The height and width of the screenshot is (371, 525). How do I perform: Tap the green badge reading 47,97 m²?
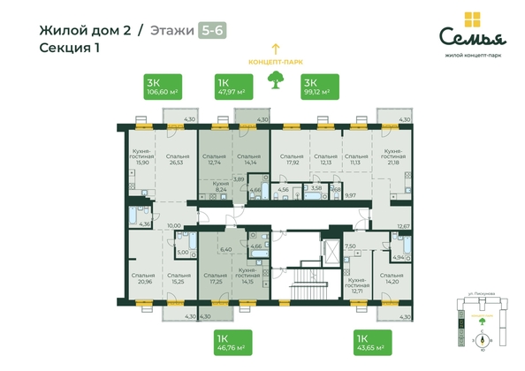pyautogui.click(x=233, y=86)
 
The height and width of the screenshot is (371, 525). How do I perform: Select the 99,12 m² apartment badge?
pyautogui.click(x=315, y=86)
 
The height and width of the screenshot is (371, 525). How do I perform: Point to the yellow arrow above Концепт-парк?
pyautogui.click(x=274, y=48)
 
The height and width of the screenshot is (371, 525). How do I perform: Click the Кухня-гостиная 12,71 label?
pyautogui.click(x=357, y=286)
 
